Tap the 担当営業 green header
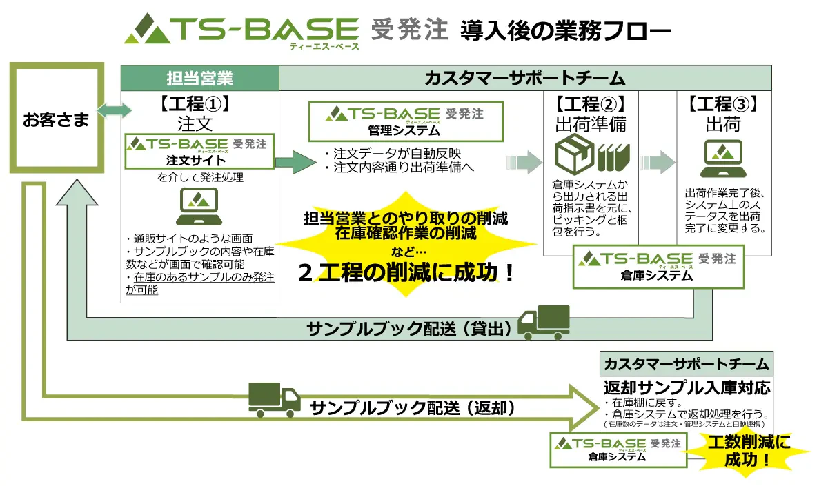coord(200,79)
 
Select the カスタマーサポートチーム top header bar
coord(524,79)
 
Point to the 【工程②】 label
coord(591,105)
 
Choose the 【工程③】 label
coord(722,105)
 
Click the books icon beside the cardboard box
coord(613,156)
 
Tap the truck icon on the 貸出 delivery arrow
coord(544,323)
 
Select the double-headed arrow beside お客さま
coord(113,110)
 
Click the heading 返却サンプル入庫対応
coord(686,387)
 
